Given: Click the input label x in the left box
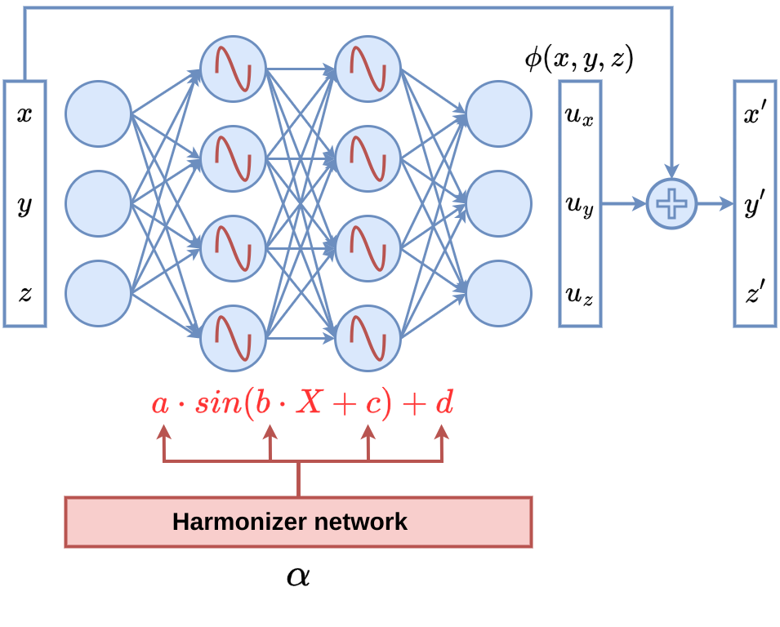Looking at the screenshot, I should [25, 113].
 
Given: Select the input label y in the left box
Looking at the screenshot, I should [25, 205].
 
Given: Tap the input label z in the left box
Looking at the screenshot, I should [25, 293].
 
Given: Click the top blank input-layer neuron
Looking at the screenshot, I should [98, 113].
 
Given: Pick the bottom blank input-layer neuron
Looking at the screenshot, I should [98, 293].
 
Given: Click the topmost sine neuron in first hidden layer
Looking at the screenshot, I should [233, 69].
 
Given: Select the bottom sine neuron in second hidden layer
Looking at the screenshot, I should [368, 337].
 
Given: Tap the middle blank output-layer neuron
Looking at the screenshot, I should [498, 203].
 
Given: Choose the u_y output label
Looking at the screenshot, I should [579, 205].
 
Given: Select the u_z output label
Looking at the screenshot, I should [579, 293].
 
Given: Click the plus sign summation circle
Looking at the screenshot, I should [671, 203].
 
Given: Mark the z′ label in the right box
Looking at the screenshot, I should [754, 291].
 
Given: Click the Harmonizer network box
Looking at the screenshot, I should [298, 522].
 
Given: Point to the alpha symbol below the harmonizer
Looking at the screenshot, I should [298, 576].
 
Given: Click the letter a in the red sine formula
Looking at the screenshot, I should [160, 404].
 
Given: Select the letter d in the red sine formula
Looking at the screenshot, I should [443, 402].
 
